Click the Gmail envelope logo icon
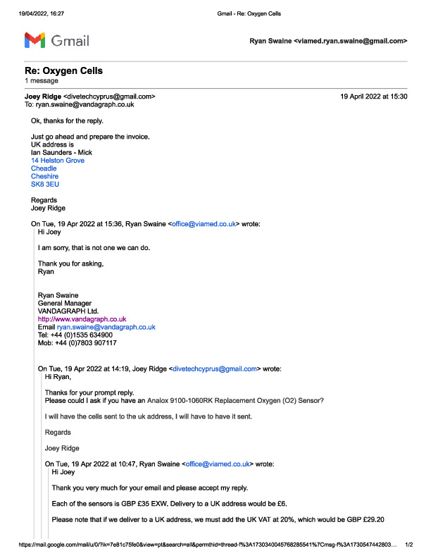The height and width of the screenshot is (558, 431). point(35,40)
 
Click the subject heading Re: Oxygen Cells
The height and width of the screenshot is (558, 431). point(58,71)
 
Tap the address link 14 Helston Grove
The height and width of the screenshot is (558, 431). point(58,161)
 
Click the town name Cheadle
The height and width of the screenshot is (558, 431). point(44,168)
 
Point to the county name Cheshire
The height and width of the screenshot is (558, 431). point(45,176)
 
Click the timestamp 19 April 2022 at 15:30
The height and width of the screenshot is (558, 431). point(373,96)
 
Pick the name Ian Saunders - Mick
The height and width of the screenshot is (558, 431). point(62,153)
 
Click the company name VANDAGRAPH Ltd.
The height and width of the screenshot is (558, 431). point(68,311)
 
